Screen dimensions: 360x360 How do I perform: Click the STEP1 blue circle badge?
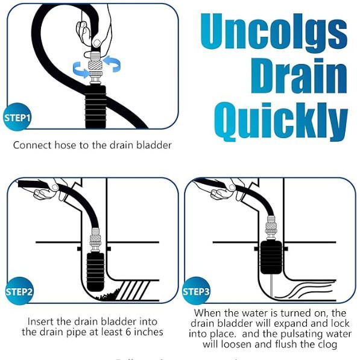click(18, 117)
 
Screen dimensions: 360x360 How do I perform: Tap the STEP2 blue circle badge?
click(19, 292)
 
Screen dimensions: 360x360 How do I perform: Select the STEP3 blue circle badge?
click(196, 292)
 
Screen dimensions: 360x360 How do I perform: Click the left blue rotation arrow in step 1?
click(80, 70)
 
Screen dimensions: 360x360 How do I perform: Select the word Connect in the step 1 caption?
click(33, 145)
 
